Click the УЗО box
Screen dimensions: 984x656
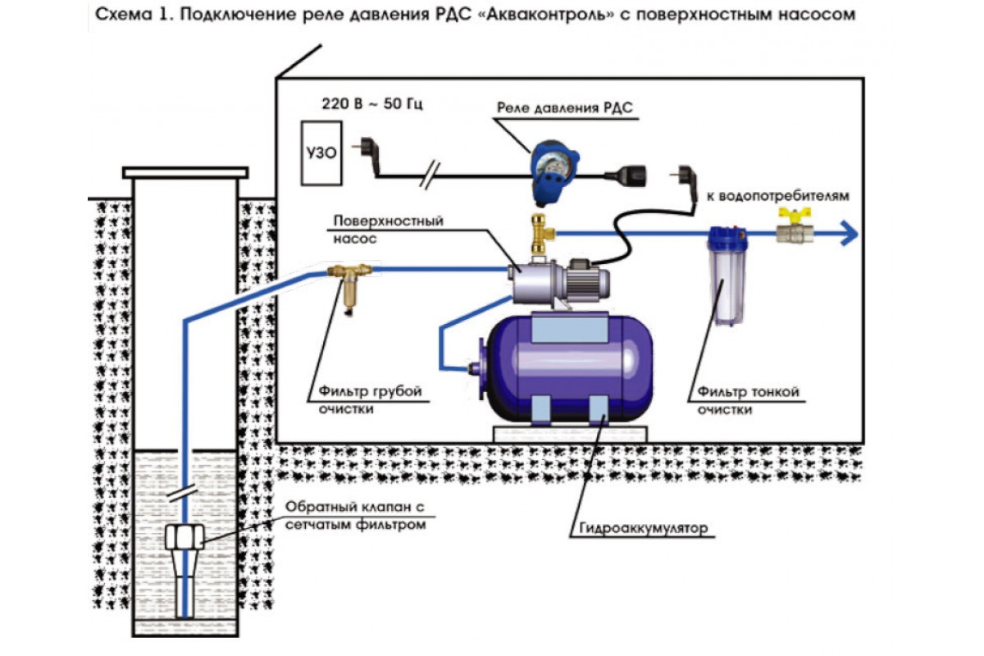click(x=321, y=153)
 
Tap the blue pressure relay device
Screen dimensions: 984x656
click(x=554, y=172)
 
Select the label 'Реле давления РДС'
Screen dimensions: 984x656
click(x=564, y=107)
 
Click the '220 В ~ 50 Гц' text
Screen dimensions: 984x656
click(x=372, y=103)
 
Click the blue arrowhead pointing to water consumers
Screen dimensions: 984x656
click(x=849, y=233)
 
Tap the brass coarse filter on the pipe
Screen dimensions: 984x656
click(x=349, y=285)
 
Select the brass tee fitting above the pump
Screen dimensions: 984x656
click(x=540, y=234)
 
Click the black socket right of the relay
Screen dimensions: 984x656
click(x=626, y=175)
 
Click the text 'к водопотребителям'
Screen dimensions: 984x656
click(x=777, y=195)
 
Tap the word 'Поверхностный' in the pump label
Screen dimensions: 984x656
click(x=389, y=221)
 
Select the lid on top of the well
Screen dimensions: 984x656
click(x=185, y=173)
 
